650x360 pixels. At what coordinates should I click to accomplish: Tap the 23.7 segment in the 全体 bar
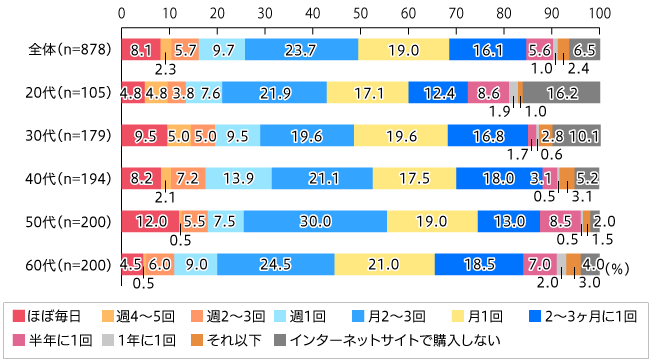pos(302,48)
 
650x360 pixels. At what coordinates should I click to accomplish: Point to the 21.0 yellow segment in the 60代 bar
pos(385,264)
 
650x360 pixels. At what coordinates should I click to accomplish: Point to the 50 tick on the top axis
pos(360,15)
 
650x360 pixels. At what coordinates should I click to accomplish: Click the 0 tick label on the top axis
pos(121,15)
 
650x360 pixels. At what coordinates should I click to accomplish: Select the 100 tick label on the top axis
pos(599,15)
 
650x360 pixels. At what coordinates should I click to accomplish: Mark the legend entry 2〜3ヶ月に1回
pos(580,315)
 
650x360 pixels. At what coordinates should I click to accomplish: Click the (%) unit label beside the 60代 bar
pos(618,268)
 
